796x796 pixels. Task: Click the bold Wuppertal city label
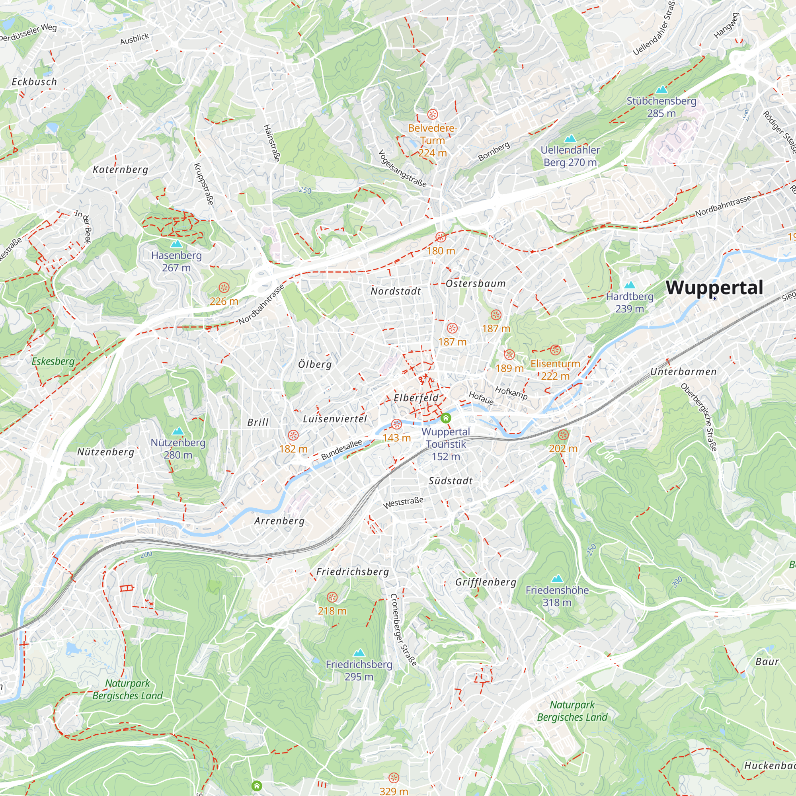point(714,288)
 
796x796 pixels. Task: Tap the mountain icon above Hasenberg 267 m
point(176,244)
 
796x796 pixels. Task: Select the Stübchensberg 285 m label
point(661,107)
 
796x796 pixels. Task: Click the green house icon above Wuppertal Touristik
point(445,419)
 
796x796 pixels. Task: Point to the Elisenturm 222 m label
point(555,370)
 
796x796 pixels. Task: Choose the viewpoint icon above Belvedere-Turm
point(432,114)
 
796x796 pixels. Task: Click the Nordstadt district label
point(396,291)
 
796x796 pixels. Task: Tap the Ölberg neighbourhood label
point(315,364)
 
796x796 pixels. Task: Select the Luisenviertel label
point(335,419)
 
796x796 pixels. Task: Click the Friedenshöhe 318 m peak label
point(557,596)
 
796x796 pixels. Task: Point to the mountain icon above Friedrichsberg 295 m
point(359,653)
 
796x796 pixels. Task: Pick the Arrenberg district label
point(279,521)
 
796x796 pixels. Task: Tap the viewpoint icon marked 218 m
point(332,597)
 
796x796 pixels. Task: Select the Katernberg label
point(120,169)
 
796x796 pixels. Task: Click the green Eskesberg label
point(53,361)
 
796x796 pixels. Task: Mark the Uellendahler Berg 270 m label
point(570,156)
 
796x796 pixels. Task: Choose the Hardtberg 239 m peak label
point(630,302)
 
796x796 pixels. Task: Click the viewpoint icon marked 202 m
point(563,435)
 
